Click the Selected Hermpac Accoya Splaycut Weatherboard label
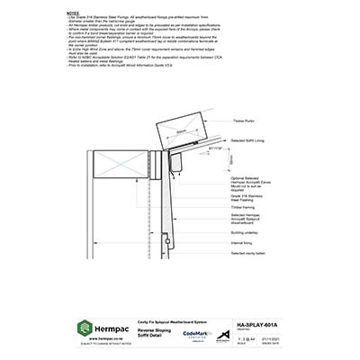click(x=247, y=220)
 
